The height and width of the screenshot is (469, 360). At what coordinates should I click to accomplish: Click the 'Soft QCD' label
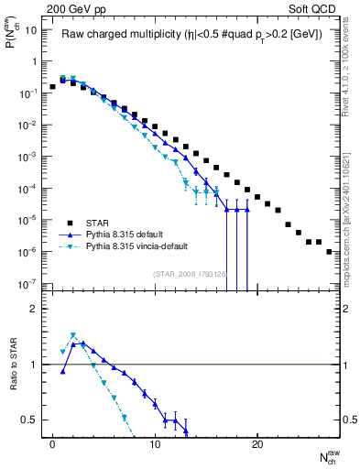(x=314, y=7)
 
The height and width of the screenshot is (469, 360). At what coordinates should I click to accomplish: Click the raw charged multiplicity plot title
(x=190, y=36)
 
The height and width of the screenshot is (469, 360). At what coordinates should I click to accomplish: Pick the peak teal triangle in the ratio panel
(x=73, y=335)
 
